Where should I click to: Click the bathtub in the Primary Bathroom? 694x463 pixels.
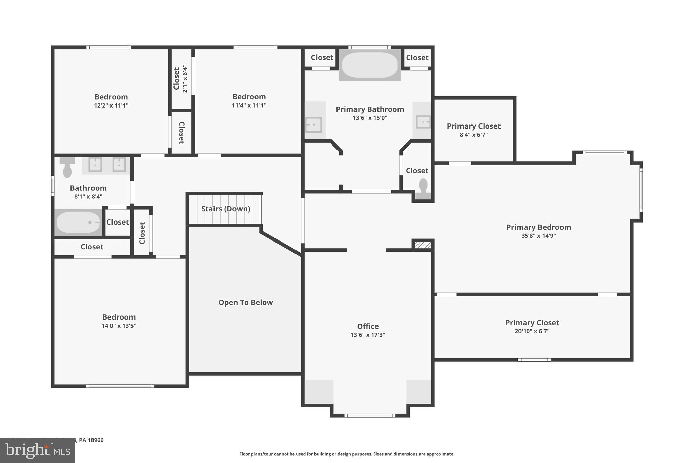coord(370,65)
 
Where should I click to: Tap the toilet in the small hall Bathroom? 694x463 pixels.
coord(67,167)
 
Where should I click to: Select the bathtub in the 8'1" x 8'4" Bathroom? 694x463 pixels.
coord(78,223)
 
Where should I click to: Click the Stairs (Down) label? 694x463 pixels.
coord(226,209)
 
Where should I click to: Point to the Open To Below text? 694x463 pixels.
coord(245,302)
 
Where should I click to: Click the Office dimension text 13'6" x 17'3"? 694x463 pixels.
coord(368,335)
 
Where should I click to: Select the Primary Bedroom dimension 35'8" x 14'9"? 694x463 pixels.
coord(538,236)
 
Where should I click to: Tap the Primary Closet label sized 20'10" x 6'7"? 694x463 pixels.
coord(532,323)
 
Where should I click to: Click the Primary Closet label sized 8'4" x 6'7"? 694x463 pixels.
coord(473,126)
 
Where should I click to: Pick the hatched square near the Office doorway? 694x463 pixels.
coord(423,245)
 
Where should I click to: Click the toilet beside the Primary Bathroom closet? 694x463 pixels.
coord(423,189)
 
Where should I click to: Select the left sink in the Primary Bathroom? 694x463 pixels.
coord(313,124)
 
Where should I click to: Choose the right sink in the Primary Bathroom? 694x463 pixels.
coord(423,121)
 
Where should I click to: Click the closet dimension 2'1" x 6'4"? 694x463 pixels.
coord(185,79)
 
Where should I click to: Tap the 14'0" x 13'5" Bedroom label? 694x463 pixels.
coord(119,317)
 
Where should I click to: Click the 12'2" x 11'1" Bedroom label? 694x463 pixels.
coord(111,97)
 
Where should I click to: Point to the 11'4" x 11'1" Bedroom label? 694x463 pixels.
coord(249,97)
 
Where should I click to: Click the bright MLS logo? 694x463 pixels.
coord(38,450)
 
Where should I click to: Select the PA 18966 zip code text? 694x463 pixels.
coord(91,440)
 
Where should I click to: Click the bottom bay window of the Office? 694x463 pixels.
coord(370,415)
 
